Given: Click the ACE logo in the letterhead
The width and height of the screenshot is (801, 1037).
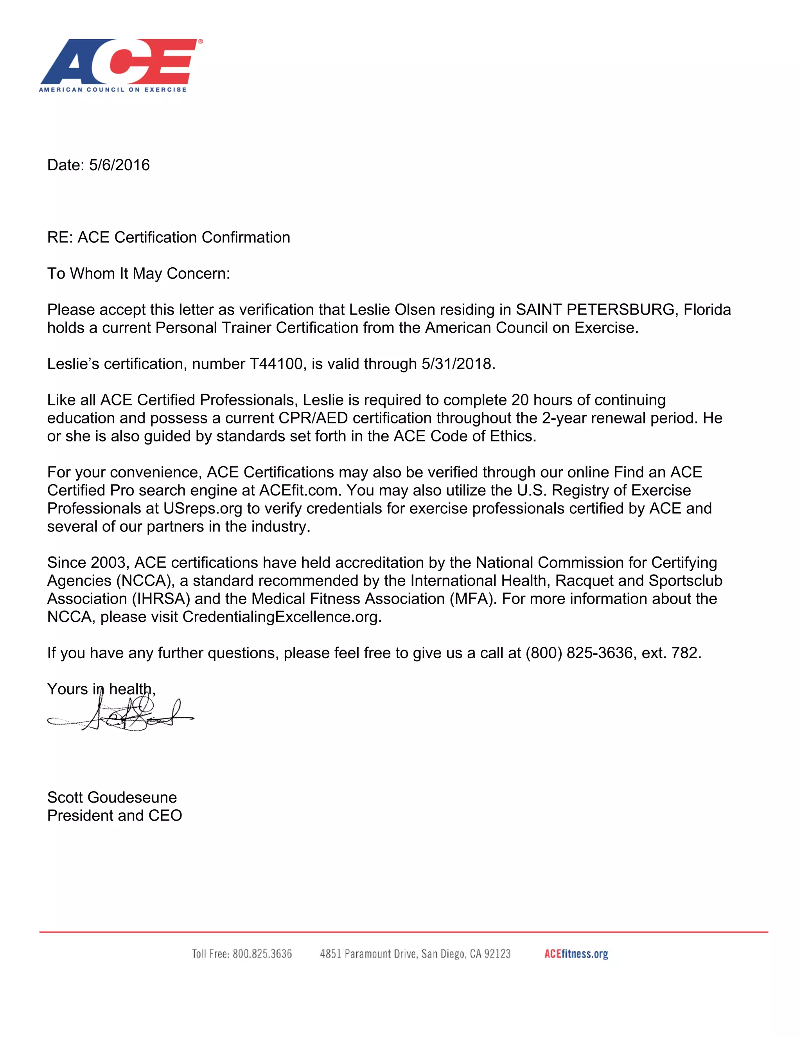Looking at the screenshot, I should tap(120, 65).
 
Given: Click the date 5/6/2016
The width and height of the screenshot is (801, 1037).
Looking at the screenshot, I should tap(119, 165).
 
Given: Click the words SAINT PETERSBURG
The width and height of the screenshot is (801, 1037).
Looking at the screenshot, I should tap(596, 310).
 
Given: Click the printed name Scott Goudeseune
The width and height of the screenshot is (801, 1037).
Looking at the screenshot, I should tap(112, 797).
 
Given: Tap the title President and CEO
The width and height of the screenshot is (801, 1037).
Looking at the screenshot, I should tap(114, 815).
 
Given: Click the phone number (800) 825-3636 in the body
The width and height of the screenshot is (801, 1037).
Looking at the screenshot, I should tap(579, 653).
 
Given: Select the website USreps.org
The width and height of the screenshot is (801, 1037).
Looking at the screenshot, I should tap(203, 508).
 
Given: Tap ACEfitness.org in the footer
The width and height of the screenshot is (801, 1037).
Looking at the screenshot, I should tap(576, 954).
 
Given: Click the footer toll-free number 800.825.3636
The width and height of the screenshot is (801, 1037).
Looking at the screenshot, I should tap(262, 954).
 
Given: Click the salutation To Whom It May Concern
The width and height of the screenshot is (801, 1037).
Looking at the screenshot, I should tap(138, 274).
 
